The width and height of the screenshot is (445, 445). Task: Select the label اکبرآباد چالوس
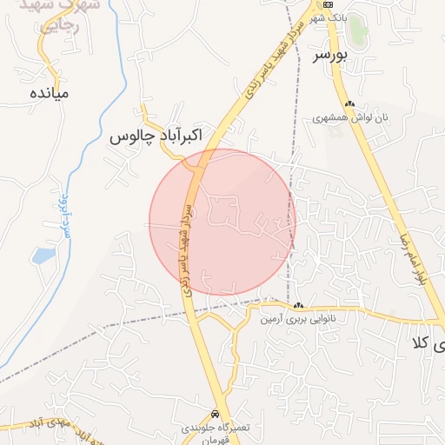point(156,136)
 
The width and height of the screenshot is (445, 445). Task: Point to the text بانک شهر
point(330,17)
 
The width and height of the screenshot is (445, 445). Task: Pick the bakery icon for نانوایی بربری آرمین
point(299,306)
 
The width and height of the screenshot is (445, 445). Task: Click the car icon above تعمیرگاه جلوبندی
point(215,413)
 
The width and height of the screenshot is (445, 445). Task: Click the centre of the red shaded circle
point(222,222)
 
